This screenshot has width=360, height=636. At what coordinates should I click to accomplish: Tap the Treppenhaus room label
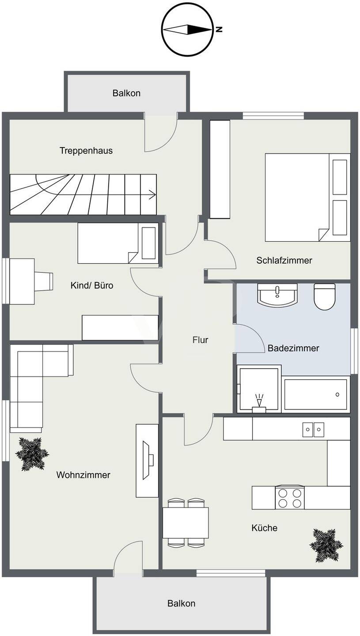86,151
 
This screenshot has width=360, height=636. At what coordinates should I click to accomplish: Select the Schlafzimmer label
284,261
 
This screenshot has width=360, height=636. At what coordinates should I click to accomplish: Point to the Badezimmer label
293,348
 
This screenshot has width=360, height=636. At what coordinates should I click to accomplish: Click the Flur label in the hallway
200,340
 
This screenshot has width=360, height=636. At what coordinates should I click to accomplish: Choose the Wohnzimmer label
83,475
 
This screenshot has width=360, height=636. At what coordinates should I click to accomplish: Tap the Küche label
264,528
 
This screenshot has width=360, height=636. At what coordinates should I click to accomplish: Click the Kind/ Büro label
92,285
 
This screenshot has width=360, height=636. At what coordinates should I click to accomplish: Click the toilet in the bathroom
325,296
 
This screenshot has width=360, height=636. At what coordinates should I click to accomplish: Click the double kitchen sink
313,430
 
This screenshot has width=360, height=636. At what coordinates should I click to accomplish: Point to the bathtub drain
337,394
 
